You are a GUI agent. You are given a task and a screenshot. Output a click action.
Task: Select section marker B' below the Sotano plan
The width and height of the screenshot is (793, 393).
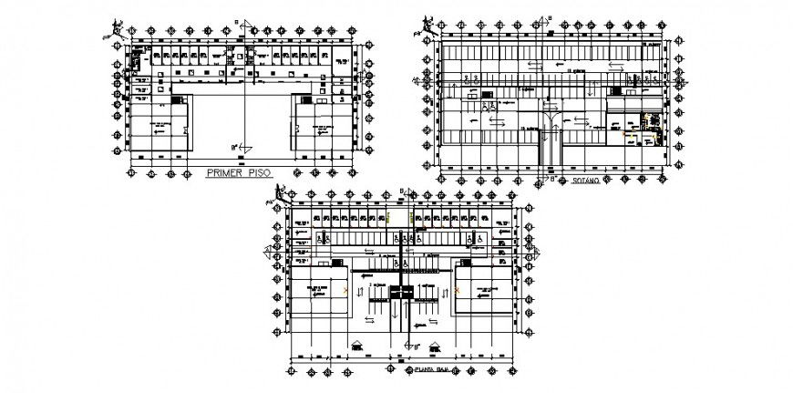(553, 180)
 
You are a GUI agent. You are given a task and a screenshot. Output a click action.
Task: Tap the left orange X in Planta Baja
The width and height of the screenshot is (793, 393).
(346, 289)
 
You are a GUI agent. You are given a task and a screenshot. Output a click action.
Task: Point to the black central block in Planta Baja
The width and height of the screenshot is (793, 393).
(401, 291)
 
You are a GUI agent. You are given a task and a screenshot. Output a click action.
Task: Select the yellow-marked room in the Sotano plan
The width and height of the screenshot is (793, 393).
(650, 119)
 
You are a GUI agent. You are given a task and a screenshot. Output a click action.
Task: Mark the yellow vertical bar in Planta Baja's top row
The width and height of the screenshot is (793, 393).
(389, 219)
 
